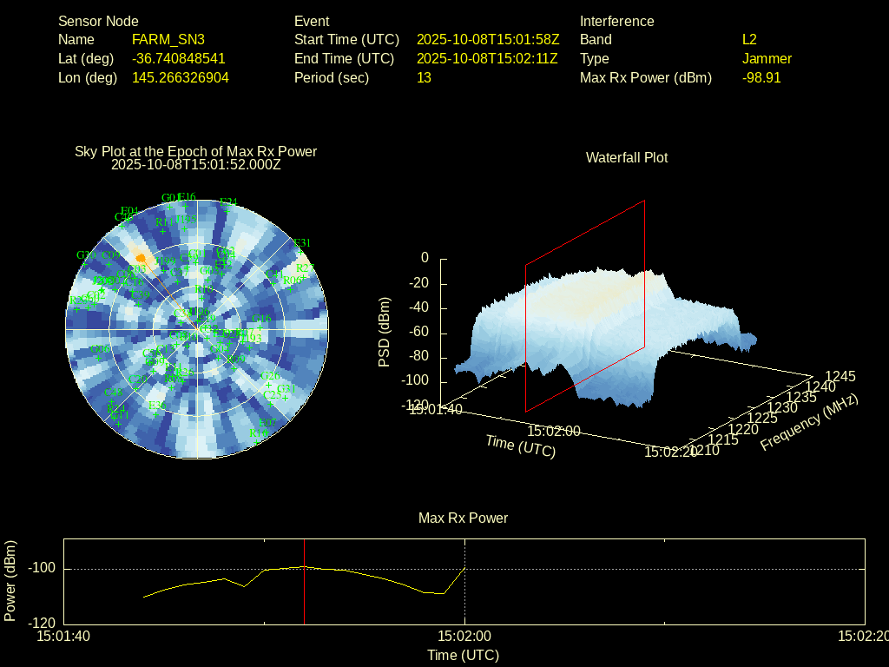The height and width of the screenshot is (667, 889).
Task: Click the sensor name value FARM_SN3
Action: (168, 40)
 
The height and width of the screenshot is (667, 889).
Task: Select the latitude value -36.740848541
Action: (179, 59)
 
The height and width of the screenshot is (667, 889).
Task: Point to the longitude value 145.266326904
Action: (181, 78)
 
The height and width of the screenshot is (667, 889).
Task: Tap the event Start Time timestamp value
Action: (488, 40)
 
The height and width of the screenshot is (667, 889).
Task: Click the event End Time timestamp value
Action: (487, 59)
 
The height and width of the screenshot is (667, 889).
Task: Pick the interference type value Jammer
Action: (767, 59)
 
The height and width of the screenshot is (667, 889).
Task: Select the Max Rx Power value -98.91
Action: (761, 78)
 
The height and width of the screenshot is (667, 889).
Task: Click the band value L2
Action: (749, 40)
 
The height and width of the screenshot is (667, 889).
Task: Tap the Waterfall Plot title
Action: (627, 158)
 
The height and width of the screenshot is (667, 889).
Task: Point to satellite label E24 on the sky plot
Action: (228, 202)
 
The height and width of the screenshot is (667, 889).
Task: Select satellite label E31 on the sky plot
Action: (302, 243)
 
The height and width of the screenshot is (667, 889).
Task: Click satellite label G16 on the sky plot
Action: (265, 320)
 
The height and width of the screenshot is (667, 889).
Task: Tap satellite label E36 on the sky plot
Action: (157, 405)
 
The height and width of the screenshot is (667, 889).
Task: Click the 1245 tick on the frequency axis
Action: (840, 376)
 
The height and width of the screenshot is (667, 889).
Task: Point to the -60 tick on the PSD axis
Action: (419, 333)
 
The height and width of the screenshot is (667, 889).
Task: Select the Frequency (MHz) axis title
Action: (809, 422)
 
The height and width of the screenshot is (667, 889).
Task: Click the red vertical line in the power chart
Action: (304, 582)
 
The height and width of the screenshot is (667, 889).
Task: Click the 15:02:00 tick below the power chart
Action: (465, 636)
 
